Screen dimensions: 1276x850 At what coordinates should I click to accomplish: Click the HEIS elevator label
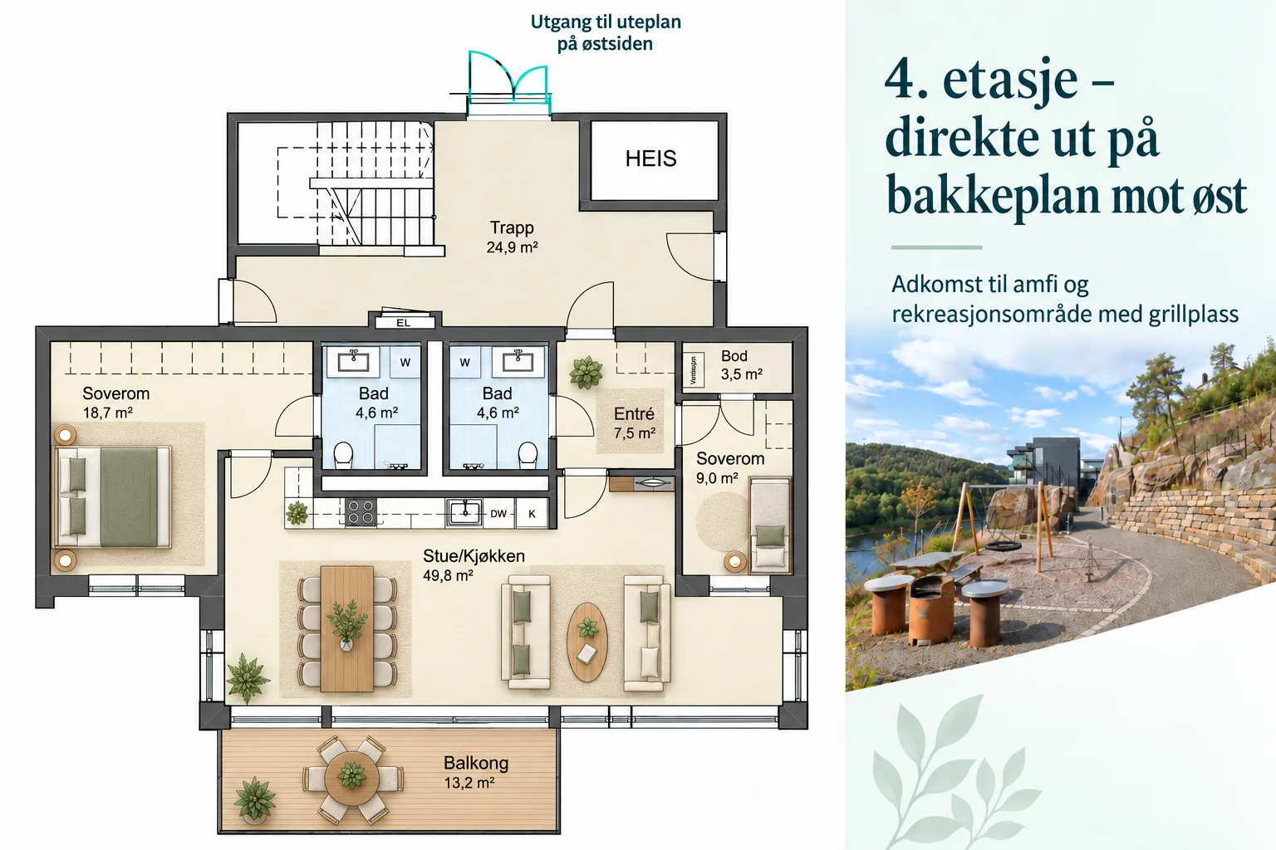tap(650, 159)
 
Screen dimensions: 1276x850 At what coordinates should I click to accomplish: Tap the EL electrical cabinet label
tap(403, 323)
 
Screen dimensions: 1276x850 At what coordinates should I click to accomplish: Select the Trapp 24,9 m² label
tap(512, 237)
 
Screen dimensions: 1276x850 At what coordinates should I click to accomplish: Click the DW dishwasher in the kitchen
tap(498, 514)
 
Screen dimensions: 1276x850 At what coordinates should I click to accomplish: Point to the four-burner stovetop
tap(361, 511)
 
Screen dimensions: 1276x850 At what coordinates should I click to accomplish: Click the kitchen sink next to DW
tap(464, 512)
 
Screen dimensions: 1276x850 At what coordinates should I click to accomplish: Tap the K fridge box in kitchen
tap(532, 514)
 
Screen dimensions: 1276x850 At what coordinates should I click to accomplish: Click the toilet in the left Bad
tap(343, 456)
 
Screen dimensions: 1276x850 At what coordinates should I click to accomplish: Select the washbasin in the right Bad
tap(518, 360)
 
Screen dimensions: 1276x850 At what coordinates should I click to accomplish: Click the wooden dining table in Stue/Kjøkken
tap(347, 628)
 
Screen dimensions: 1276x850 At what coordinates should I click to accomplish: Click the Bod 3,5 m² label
tap(742, 365)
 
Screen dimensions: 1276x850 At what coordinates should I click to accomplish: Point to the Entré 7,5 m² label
tap(634, 423)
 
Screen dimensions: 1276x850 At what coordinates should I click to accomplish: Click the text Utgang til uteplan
tap(606, 22)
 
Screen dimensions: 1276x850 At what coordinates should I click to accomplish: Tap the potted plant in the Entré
tap(586, 373)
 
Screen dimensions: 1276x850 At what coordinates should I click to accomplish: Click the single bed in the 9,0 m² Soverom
tap(769, 525)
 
